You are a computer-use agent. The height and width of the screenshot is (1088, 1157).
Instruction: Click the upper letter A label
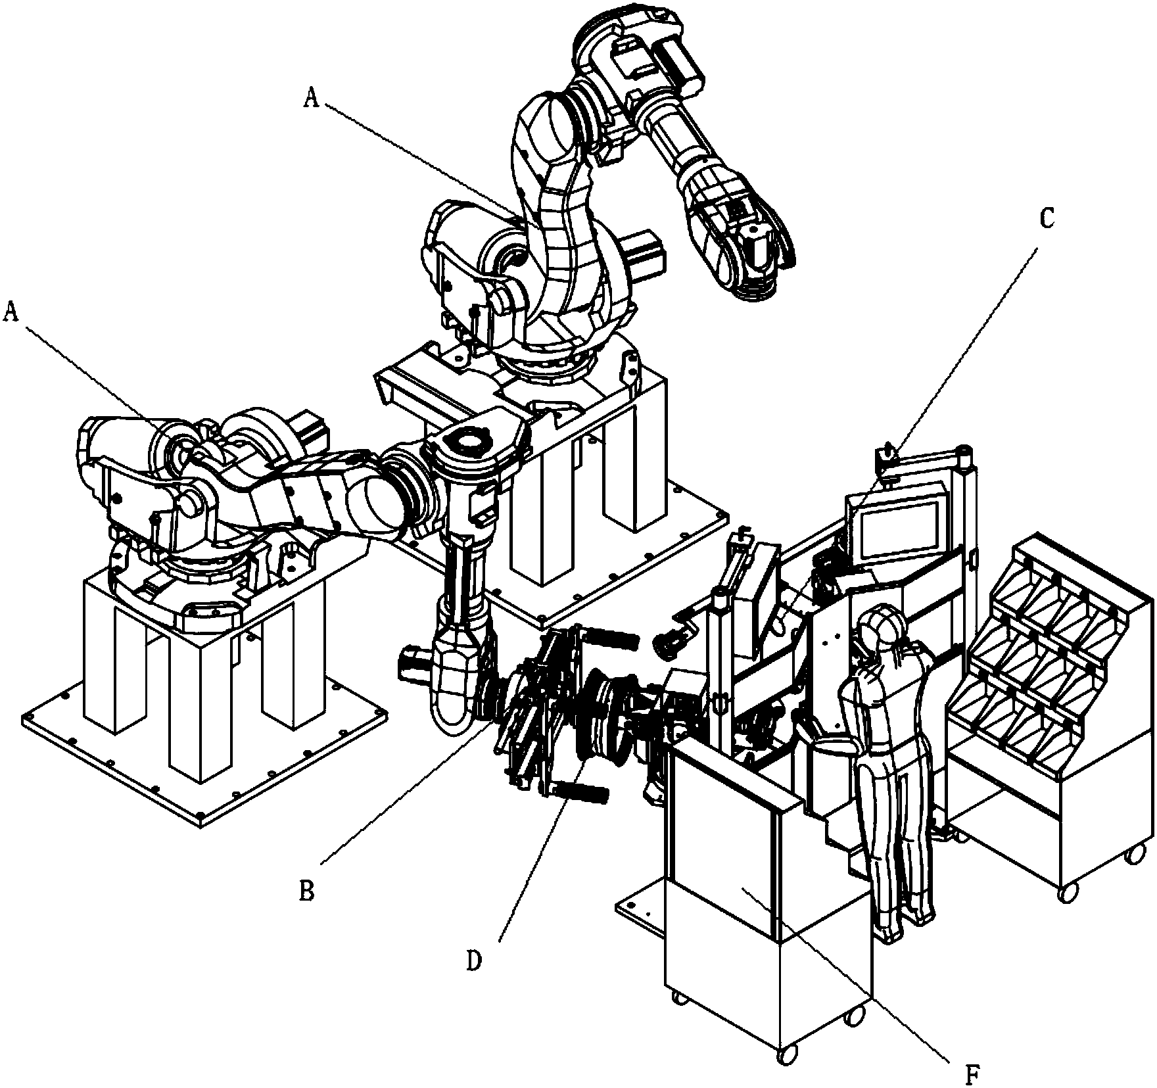click(x=312, y=99)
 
